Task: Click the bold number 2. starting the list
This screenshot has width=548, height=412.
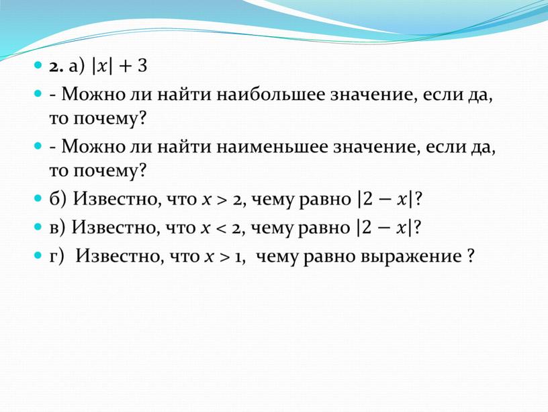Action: (56, 67)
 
